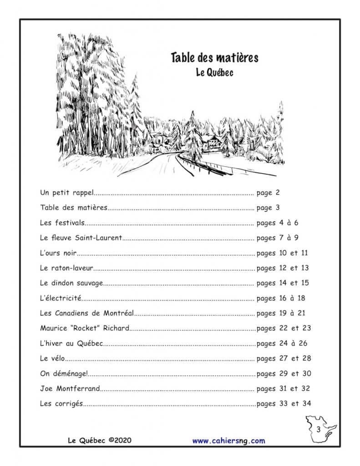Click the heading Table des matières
214,58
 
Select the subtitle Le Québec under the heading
214,72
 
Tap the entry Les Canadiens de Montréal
87,313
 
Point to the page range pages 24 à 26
282,343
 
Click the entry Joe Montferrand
70,389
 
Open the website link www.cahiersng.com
228,441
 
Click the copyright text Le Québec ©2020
99,441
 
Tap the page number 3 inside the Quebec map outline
319,429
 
